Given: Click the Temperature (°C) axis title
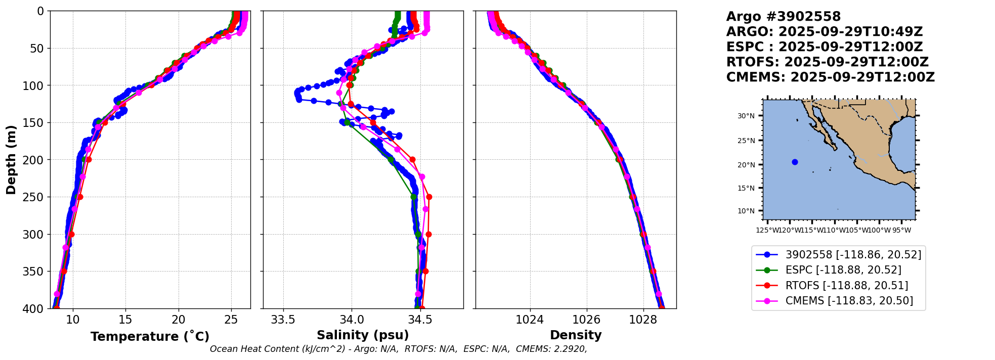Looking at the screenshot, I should coord(150,336).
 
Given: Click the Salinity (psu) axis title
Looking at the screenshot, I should coord(363,335).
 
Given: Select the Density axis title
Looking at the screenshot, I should coord(576,335).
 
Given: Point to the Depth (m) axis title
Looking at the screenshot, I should coord(11,160).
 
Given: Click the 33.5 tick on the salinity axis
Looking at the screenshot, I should coord(283,320).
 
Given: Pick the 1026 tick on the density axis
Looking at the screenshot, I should coord(586,320).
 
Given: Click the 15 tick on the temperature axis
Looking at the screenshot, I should coord(125,320).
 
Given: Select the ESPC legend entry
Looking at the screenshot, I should coord(843,270).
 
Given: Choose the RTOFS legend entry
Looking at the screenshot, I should coord(846,286).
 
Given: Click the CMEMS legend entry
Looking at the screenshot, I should coord(849,301).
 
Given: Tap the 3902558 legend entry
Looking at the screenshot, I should coord(853,255).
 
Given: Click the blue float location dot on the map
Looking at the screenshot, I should coord(795,162).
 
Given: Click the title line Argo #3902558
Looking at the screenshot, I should coord(783,17).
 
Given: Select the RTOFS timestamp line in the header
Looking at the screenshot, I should coord(827,62).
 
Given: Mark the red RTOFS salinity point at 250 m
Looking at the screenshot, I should coord(429,197).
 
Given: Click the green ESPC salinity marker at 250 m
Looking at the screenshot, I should coord(413,197).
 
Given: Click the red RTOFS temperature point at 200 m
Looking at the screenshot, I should coord(89,159).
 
